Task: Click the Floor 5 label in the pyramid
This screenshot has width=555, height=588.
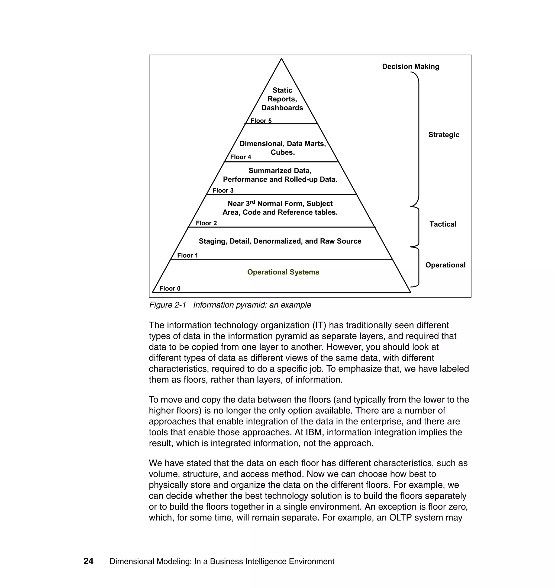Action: pyautogui.click(x=261, y=120)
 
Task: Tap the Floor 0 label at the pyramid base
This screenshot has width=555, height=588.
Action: pyautogui.click(x=170, y=288)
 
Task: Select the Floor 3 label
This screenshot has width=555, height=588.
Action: pyautogui.click(x=223, y=190)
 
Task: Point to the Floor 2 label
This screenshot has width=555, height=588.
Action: pyautogui.click(x=206, y=223)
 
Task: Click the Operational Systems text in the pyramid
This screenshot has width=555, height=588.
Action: pyautogui.click(x=283, y=272)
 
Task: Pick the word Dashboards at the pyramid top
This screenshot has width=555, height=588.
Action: pyautogui.click(x=282, y=108)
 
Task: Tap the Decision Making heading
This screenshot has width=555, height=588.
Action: pyautogui.click(x=410, y=67)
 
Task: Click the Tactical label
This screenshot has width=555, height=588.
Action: pyautogui.click(x=443, y=224)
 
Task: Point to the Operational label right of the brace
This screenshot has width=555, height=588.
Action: pyautogui.click(x=445, y=265)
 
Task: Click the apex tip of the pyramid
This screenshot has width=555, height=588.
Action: pyautogui.click(x=281, y=59)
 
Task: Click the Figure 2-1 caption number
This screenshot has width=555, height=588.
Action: pyautogui.click(x=167, y=305)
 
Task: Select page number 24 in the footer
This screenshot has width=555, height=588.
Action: pyautogui.click(x=88, y=561)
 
